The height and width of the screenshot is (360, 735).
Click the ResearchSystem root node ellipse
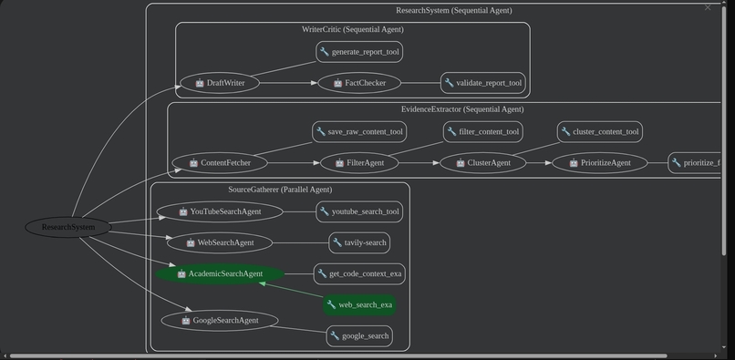pyautogui.click(x=68, y=227)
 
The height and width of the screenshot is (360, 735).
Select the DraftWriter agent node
pyautogui.click(x=219, y=83)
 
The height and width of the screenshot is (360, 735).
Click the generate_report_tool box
pyautogui.click(x=359, y=52)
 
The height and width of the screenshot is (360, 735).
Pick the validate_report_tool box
pyautogui.click(x=482, y=83)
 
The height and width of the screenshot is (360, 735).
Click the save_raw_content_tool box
pyautogui.click(x=359, y=131)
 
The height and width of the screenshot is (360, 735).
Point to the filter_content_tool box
pyautogui.click(x=482, y=131)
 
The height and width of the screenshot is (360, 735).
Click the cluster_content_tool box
pyautogui.click(x=599, y=131)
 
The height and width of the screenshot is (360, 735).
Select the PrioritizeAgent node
pyautogui.click(x=599, y=163)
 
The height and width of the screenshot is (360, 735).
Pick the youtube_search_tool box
pyautogui.click(x=359, y=211)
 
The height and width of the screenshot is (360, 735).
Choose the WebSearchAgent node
pyautogui.click(x=219, y=242)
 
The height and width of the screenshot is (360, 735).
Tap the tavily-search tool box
pyautogui.click(x=359, y=242)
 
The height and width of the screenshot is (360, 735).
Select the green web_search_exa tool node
pyautogui.click(x=359, y=304)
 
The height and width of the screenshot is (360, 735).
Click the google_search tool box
pyautogui.click(x=359, y=335)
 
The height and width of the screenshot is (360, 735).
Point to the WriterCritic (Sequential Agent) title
pyautogui.click(x=352, y=29)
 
